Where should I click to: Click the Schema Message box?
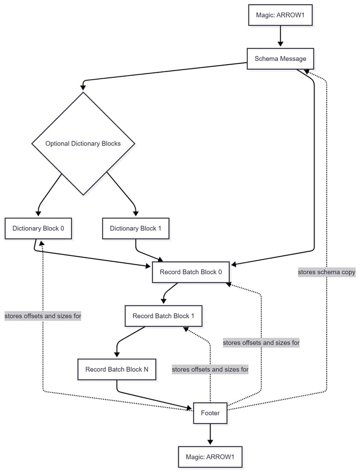point(280,58)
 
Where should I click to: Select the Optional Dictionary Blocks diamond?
point(83,144)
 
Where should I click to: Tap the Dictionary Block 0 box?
point(38,228)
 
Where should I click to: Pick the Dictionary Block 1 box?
point(135,228)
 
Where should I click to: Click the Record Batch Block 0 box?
point(191,272)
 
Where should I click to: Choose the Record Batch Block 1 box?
point(163,316)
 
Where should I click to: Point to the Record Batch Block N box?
point(117,370)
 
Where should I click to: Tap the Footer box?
point(210,413)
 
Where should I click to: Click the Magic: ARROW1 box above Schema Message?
point(280,15)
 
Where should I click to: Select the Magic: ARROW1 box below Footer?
point(210,457)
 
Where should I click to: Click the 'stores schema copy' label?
point(326,272)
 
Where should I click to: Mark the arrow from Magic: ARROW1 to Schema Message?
point(280,36)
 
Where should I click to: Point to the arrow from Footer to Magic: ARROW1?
point(210,435)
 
